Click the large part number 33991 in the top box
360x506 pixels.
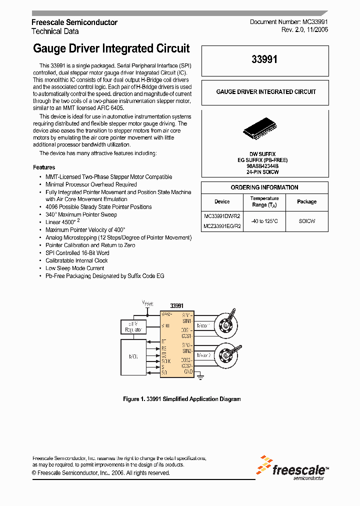(264, 59)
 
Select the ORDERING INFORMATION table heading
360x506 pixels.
(264, 187)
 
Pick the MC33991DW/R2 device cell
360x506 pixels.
(222, 216)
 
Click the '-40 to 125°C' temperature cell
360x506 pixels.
(264, 221)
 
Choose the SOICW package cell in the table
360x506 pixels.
(306, 221)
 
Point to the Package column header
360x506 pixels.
(306, 201)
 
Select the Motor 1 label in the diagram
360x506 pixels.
(203, 325)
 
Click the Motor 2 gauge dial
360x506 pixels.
(229, 356)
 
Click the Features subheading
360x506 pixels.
(44, 167)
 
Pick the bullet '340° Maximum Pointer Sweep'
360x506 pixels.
(81, 214)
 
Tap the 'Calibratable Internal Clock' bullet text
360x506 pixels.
(76, 260)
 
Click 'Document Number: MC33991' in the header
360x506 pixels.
(288, 22)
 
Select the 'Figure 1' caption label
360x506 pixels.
(134, 399)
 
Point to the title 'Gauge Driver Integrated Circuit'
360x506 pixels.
(111, 48)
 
